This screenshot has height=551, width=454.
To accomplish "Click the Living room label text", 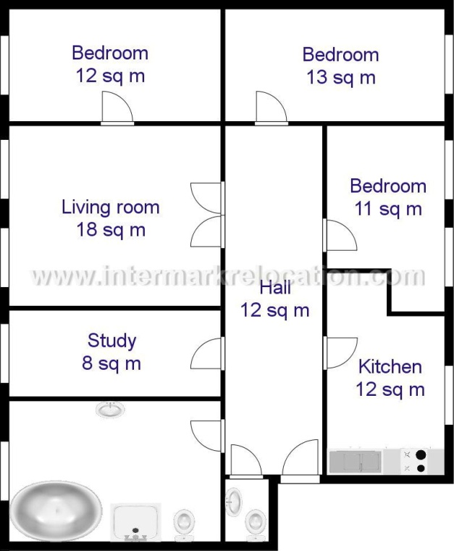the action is [111, 207].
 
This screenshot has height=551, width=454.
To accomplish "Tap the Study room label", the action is [112, 341].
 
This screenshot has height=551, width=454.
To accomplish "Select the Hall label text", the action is [275, 288].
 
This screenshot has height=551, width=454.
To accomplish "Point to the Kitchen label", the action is [390, 367].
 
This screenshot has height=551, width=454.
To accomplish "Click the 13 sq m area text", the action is [341, 78].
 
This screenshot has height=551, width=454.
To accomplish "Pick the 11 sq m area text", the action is [388, 209].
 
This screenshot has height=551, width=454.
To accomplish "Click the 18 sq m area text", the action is [111, 230].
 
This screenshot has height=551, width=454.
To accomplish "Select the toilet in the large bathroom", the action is [185, 526].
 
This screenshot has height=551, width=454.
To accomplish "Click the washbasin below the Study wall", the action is [111, 410].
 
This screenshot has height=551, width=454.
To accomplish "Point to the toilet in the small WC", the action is [256, 526].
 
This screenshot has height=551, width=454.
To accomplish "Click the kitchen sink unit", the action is [355, 462].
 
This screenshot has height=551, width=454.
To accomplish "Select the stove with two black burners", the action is [414, 462].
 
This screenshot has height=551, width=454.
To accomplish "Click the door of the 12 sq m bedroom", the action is [117, 108].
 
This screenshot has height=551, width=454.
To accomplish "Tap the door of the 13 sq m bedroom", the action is [272, 108].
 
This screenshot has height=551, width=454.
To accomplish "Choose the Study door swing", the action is [207, 354].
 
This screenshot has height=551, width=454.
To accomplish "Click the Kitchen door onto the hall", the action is [340, 353].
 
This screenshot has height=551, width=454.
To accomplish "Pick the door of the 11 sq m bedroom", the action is [340, 235].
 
